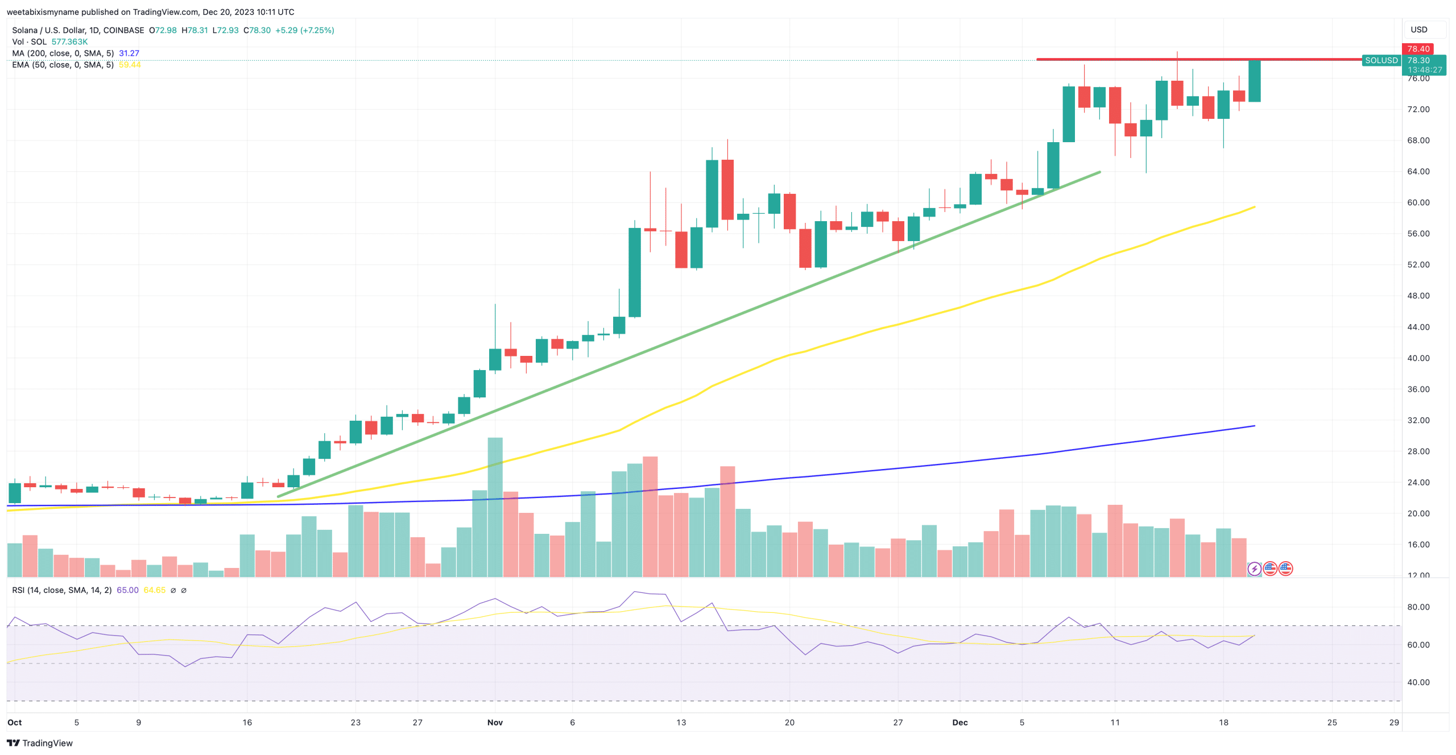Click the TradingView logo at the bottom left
[x=39, y=743]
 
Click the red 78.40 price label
[x=1417, y=49]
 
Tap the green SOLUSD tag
[x=1381, y=60]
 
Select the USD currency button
[x=1418, y=30]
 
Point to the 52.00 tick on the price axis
[x=1418, y=264]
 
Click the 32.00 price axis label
[x=1418, y=420]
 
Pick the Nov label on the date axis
[x=495, y=722]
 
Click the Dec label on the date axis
[x=959, y=722]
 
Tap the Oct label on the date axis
[x=14, y=722]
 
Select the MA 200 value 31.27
[x=129, y=53]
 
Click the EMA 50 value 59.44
[x=130, y=65]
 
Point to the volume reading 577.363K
[x=69, y=42]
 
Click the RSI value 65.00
[x=127, y=590]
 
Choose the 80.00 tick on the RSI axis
[x=1418, y=607]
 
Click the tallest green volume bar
[x=495, y=506]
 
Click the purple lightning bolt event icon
[x=1254, y=569]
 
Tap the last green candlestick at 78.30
[x=1254, y=81]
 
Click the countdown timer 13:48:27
[x=1424, y=70]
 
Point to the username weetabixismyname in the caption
[x=43, y=12]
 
